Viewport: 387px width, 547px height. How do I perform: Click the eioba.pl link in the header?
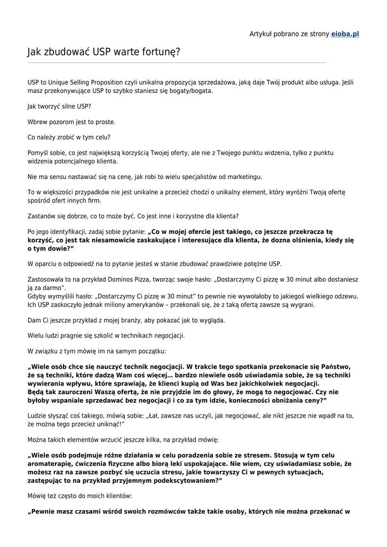coord(345,34)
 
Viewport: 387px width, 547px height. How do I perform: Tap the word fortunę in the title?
coord(159,52)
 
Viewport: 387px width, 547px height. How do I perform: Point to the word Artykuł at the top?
coord(262,34)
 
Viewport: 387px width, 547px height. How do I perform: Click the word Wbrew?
coord(37,122)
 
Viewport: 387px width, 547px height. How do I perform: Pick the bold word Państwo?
coord(335,367)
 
